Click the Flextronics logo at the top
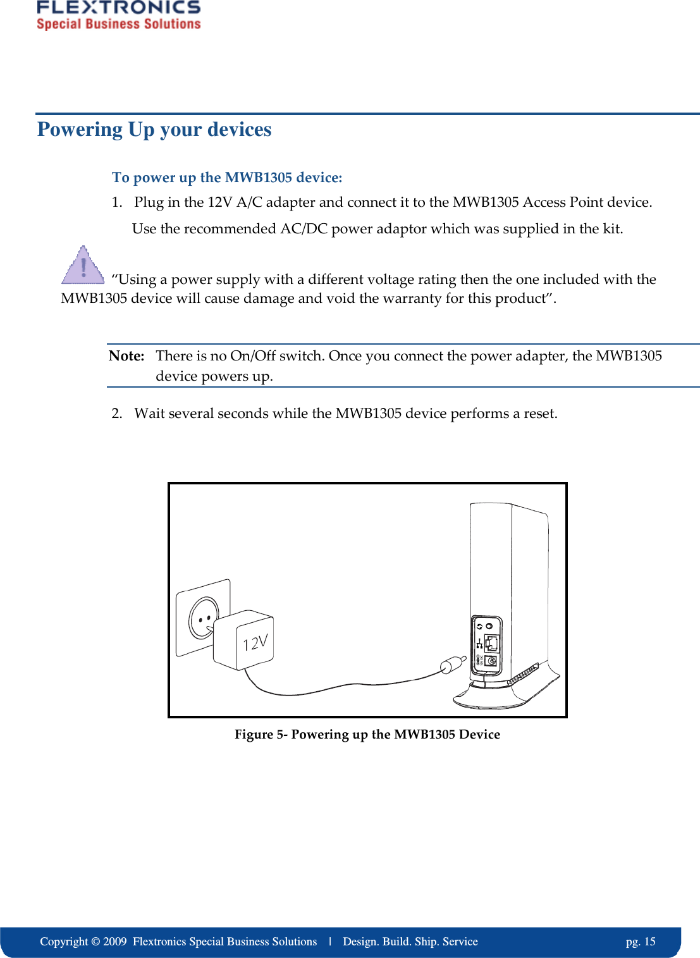[118, 15]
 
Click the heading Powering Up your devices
[154, 129]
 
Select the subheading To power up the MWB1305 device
[227, 178]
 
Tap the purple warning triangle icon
[83, 266]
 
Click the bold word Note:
[126, 356]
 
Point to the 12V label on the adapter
[255, 643]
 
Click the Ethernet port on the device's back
[491, 644]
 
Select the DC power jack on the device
[491, 661]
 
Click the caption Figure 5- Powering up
[367, 734]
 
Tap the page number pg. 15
[641, 942]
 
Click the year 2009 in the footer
[115, 942]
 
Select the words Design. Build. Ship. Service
[410, 942]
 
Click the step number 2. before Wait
[116, 414]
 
